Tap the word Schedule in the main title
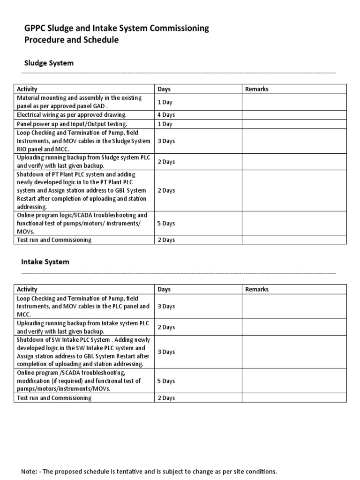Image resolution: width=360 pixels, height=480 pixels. tap(101, 40)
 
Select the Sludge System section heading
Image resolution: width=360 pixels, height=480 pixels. tap(49, 63)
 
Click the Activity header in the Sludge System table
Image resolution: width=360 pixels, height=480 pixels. tap(27, 89)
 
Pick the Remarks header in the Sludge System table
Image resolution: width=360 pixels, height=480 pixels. tap(257, 89)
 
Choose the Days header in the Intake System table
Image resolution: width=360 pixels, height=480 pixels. tap(164, 289)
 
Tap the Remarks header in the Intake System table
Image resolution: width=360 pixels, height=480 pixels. tap(257, 289)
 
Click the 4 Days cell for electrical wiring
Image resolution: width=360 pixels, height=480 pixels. tap(166, 115)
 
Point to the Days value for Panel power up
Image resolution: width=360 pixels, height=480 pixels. tap(165, 124)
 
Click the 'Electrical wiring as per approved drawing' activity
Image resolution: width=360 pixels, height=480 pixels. tap(72, 115)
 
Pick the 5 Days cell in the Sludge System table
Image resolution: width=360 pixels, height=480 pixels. tap(166, 223)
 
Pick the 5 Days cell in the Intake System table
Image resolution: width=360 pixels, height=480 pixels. tap(166, 381)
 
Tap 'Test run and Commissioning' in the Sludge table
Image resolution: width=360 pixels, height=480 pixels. tap(54, 240)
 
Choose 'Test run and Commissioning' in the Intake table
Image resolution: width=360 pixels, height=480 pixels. tap(54, 398)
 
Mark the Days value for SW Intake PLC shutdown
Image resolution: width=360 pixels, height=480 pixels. tap(166, 352)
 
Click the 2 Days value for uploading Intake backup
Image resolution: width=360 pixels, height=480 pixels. tap(166, 327)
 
